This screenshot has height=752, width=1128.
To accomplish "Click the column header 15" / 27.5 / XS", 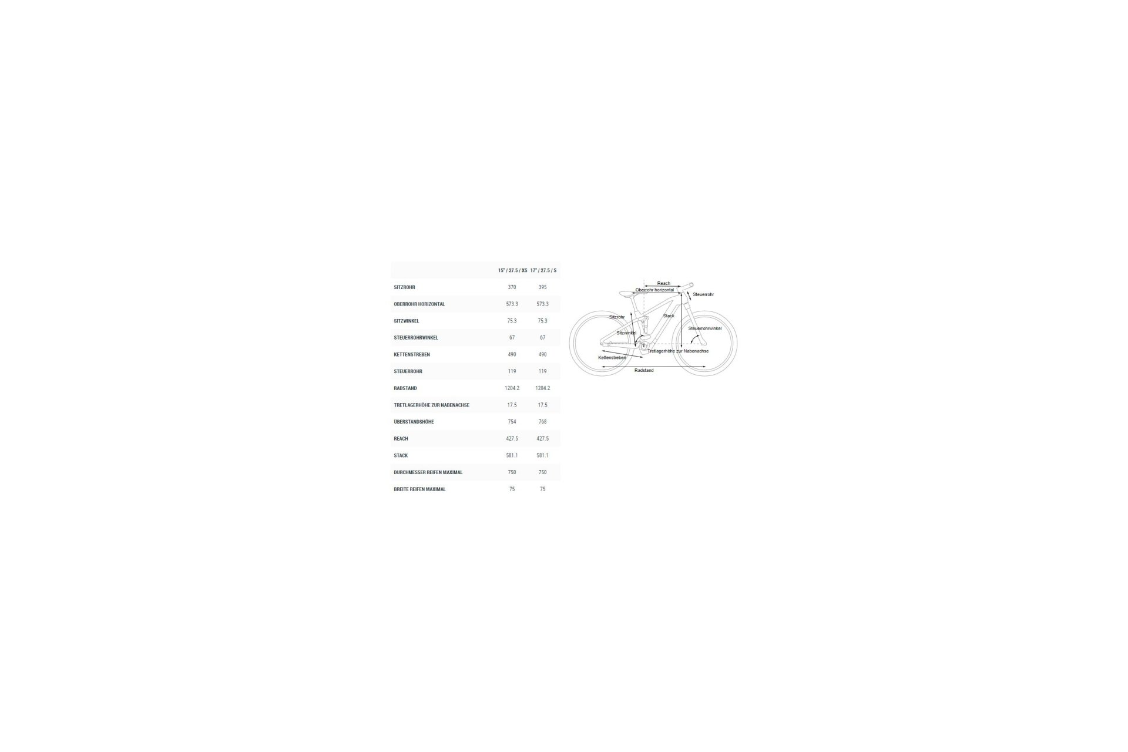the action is pyautogui.click(x=512, y=270).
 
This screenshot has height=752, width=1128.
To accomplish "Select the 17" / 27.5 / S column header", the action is pyautogui.click(x=543, y=270).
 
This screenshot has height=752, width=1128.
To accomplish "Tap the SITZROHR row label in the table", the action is pyautogui.click(x=404, y=287).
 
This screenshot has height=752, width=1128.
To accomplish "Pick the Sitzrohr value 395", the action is pyautogui.click(x=542, y=287).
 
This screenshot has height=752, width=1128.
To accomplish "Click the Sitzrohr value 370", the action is pyautogui.click(x=512, y=287).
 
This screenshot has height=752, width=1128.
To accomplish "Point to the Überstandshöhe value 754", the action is pyautogui.click(x=512, y=422).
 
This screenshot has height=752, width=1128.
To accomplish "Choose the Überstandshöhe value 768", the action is pyautogui.click(x=542, y=422).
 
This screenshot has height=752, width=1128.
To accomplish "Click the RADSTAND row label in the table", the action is pyautogui.click(x=405, y=388).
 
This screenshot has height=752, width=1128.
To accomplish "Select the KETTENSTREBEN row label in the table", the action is pyautogui.click(x=412, y=355).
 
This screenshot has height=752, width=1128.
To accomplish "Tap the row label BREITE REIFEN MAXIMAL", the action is pyautogui.click(x=420, y=489).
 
